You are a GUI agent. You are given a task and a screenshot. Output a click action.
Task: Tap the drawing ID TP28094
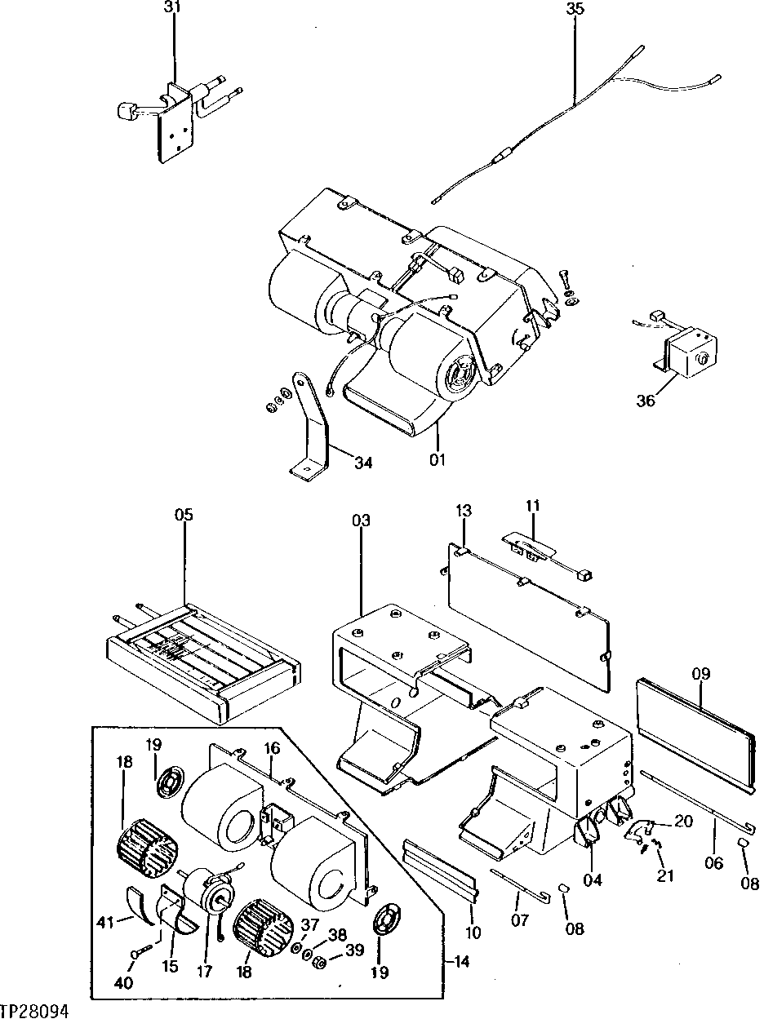tap(34, 1010)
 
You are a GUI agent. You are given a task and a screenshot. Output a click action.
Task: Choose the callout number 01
tap(438, 461)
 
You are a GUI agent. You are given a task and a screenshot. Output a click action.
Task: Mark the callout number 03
tap(361, 521)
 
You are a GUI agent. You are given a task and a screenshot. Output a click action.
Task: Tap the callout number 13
tap(463, 512)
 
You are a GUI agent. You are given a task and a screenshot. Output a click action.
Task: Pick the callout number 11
tap(532, 507)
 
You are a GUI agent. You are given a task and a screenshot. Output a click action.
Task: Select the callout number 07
tap(519, 921)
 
